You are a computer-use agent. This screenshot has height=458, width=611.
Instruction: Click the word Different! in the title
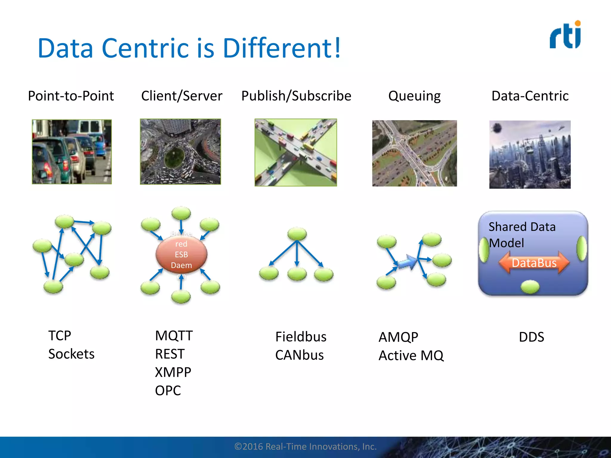[x=281, y=48]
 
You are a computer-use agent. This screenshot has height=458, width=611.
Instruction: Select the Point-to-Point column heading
[x=71, y=96]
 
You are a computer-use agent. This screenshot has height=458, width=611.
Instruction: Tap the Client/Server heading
[x=182, y=96]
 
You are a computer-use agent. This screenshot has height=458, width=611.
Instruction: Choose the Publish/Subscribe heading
[x=296, y=96]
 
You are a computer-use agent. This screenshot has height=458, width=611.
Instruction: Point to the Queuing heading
[x=414, y=96]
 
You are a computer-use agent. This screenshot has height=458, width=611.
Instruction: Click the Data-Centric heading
[x=530, y=96]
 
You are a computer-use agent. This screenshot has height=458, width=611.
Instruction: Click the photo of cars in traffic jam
[x=72, y=152]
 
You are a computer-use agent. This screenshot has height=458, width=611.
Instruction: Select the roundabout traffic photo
[x=180, y=152]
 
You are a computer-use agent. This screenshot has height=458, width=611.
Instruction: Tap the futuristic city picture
[x=530, y=154]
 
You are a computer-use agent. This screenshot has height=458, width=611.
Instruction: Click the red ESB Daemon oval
[x=181, y=254]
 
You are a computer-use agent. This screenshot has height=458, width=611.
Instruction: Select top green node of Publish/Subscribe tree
[x=297, y=233]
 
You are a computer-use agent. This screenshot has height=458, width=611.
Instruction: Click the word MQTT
[x=174, y=336]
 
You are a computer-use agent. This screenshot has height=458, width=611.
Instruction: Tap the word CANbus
[x=299, y=355]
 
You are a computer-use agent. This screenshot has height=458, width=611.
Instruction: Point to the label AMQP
[x=398, y=337]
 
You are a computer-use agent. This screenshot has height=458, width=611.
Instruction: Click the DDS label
[x=531, y=337]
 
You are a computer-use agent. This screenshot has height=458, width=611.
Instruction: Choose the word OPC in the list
[x=168, y=391]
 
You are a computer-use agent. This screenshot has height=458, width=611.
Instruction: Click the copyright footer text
[x=305, y=446]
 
